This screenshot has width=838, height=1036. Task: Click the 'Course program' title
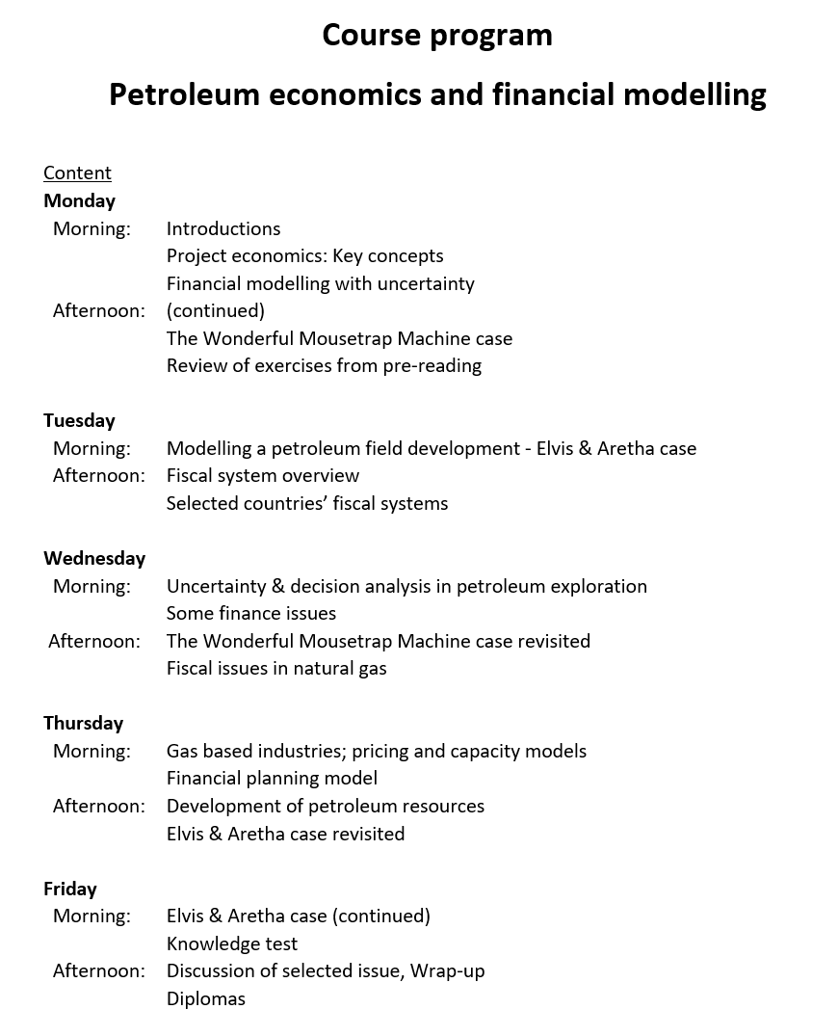[437, 35]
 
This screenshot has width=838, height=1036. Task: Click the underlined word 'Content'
[77, 173]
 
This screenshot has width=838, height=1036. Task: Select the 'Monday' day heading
[79, 200]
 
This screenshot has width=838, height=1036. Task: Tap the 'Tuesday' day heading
[79, 420]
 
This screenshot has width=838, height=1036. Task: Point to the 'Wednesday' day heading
[94, 558]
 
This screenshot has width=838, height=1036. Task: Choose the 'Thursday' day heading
[83, 723]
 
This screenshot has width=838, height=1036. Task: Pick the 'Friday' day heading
[70, 889]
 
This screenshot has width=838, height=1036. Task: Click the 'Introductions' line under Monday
[223, 228]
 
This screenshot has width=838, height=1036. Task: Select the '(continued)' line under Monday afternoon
[215, 310]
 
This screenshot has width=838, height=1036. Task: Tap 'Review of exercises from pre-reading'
[324, 365]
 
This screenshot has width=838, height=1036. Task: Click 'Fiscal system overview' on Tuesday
[263, 475]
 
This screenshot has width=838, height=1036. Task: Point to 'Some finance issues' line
[251, 613]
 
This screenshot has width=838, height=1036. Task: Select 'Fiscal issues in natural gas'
[276, 668]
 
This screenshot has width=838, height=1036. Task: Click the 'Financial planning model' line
[272, 778]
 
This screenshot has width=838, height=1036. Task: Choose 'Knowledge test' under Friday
[232, 943]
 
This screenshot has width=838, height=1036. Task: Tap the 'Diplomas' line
[206, 998]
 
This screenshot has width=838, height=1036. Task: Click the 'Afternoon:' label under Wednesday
[94, 641]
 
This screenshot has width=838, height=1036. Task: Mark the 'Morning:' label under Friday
[92, 916]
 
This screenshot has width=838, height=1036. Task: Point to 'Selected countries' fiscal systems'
[307, 503]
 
